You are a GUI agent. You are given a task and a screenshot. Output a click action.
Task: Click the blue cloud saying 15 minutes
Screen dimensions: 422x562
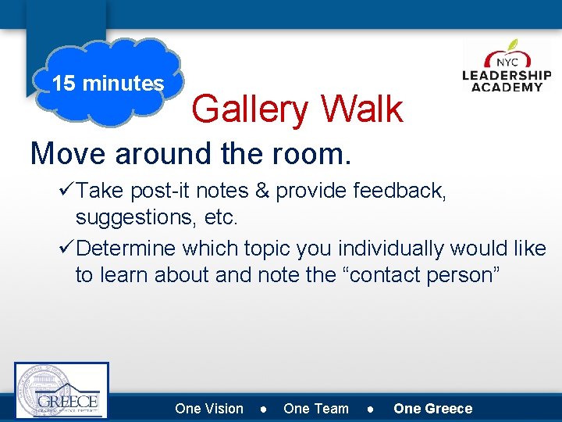click(x=108, y=83)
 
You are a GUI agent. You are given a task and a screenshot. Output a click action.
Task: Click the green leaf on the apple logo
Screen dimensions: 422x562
click(x=512, y=45)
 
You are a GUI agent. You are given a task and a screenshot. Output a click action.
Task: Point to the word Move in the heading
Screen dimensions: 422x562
click(x=69, y=154)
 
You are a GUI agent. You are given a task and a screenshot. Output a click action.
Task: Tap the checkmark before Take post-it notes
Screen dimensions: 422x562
click(x=67, y=191)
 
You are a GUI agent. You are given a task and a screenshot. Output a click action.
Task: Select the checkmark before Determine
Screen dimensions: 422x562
click(x=67, y=249)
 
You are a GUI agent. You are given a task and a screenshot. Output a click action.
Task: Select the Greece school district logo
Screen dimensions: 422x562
click(x=62, y=390)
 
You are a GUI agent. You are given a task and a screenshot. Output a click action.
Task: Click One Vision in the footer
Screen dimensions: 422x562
click(x=209, y=408)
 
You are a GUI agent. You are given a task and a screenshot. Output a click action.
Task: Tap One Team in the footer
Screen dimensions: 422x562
click(x=316, y=408)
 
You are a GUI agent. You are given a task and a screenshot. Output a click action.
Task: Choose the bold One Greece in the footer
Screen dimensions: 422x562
click(x=432, y=408)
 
